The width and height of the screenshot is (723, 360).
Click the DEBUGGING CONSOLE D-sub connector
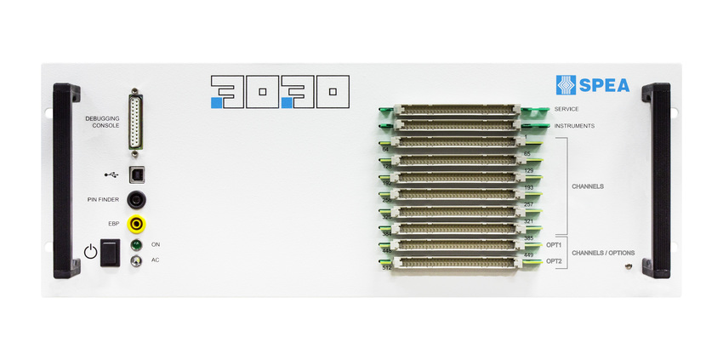135,121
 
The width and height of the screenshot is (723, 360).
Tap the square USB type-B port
135,174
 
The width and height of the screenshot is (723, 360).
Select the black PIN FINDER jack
135,200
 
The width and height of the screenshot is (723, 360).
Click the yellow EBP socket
135,225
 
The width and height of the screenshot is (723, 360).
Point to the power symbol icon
91,252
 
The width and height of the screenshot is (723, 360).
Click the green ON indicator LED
135,245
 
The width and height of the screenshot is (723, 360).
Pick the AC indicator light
135,260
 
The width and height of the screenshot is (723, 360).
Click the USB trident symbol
111,174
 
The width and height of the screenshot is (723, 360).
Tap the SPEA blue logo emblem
566,85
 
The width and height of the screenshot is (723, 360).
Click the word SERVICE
566,110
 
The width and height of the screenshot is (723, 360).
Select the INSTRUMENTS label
574,126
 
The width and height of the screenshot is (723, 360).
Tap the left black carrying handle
65,180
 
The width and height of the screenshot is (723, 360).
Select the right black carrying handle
656,180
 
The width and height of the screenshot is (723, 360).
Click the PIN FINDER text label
103,200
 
